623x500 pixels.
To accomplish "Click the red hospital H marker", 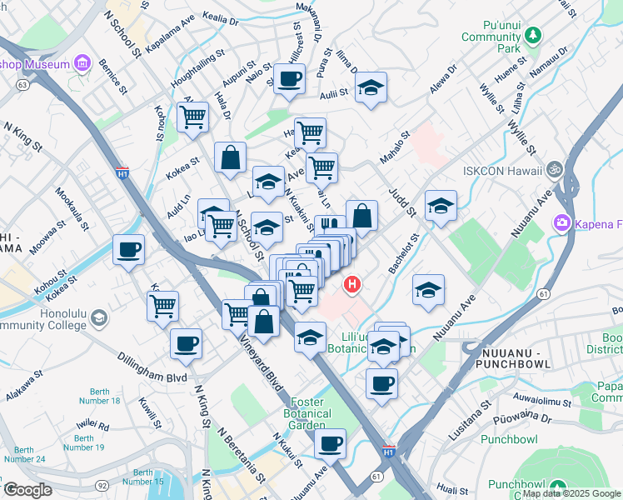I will point(353,285).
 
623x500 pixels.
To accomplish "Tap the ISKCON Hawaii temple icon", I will point(550,169).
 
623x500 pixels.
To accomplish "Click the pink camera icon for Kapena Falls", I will point(562,223).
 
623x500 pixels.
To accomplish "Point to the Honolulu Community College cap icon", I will point(99,317).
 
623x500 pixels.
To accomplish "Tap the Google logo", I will point(27,489).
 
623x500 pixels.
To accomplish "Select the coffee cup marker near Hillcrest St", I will point(289,80).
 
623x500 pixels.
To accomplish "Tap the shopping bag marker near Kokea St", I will point(230,156).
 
